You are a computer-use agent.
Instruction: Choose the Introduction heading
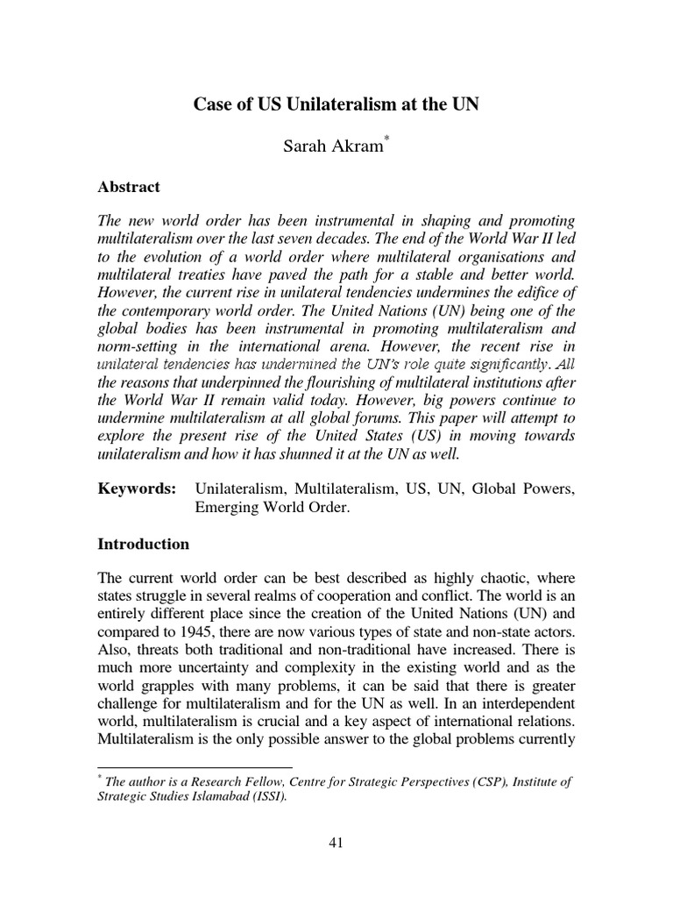[x=143, y=544]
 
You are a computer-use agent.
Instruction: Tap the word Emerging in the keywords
[x=226, y=509]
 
